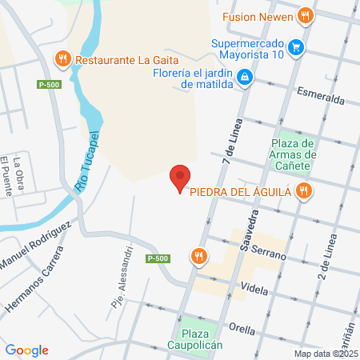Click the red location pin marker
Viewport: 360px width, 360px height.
pos(181,178)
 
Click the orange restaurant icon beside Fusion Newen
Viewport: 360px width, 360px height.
pos(304,15)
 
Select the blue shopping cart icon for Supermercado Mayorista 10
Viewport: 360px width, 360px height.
pos(297,47)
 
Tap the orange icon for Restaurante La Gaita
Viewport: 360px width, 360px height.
pos(62,58)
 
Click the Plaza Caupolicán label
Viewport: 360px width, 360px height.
pos(202,339)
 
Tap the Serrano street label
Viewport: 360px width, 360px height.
pos(269,250)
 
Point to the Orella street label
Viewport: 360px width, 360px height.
pos(242,326)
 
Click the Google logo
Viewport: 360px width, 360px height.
pos(26,350)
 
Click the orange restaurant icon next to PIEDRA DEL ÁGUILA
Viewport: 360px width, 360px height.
pos(302,190)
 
